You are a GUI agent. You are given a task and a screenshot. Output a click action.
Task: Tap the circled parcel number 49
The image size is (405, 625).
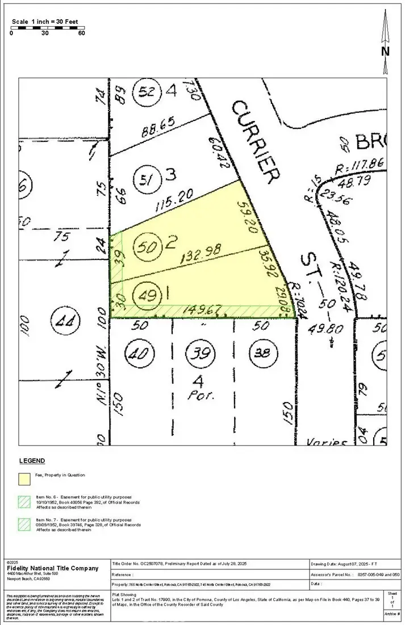(x=142, y=295)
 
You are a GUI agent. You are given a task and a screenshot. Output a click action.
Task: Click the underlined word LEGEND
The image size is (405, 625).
(x=32, y=460)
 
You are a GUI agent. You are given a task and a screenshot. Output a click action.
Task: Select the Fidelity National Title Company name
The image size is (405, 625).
(x=53, y=568)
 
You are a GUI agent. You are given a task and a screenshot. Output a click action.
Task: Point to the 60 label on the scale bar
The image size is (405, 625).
(x=81, y=32)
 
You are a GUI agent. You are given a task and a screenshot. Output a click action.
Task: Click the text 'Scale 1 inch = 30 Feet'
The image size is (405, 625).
(x=45, y=22)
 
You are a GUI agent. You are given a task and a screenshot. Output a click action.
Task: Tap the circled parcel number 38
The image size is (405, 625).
(x=262, y=353)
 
